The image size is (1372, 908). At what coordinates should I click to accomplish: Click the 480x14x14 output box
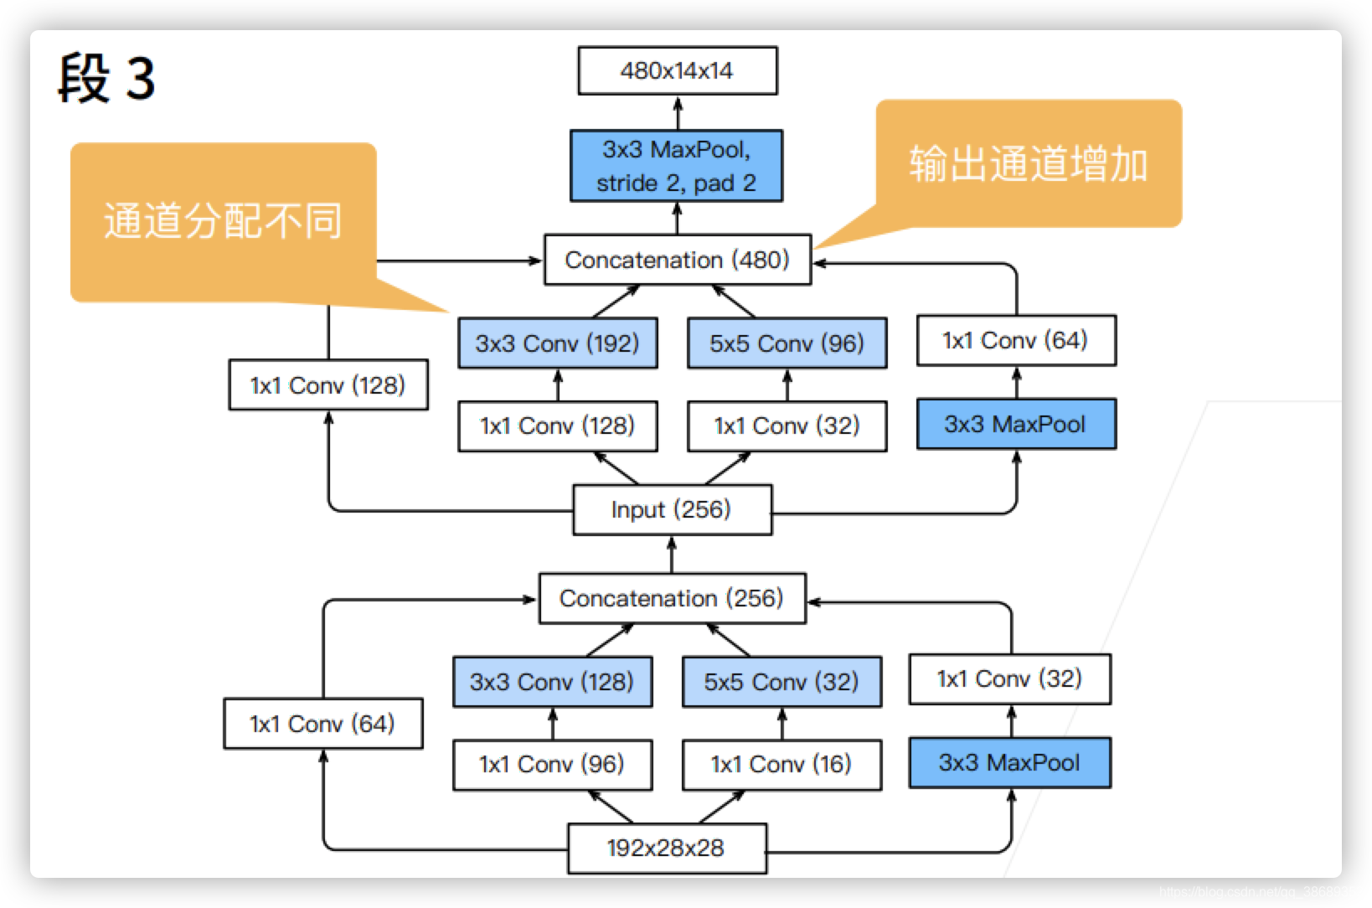coord(677,70)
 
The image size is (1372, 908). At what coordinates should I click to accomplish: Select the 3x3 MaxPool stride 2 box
coord(676,166)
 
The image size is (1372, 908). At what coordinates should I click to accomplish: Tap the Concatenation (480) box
coord(677,260)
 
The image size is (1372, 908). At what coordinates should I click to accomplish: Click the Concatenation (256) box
coord(672,598)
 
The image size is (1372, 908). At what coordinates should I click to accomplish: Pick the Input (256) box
coord(672,509)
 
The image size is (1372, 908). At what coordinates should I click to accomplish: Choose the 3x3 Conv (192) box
coord(557,343)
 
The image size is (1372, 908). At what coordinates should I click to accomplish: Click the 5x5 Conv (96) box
coord(787,343)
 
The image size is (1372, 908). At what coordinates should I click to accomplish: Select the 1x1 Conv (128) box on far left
coord(328,385)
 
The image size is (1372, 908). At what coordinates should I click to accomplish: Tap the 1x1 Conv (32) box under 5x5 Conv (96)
coord(787,426)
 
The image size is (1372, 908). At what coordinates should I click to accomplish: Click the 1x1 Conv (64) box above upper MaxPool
coord(1015,340)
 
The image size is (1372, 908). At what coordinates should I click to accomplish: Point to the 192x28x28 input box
coord(666,848)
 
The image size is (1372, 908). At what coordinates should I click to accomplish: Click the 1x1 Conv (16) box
coord(781,764)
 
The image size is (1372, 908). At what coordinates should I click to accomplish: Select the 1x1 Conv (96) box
coord(551,764)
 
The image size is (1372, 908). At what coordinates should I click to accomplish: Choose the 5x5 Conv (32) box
coord(781,682)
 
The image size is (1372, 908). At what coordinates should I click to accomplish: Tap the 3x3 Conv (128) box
coord(551,682)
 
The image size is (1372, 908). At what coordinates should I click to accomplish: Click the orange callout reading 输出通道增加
coord(1029,164)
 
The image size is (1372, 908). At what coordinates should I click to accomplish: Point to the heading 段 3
coord(106,78)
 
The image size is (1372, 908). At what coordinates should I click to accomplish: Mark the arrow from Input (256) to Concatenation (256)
coord(672,555)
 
